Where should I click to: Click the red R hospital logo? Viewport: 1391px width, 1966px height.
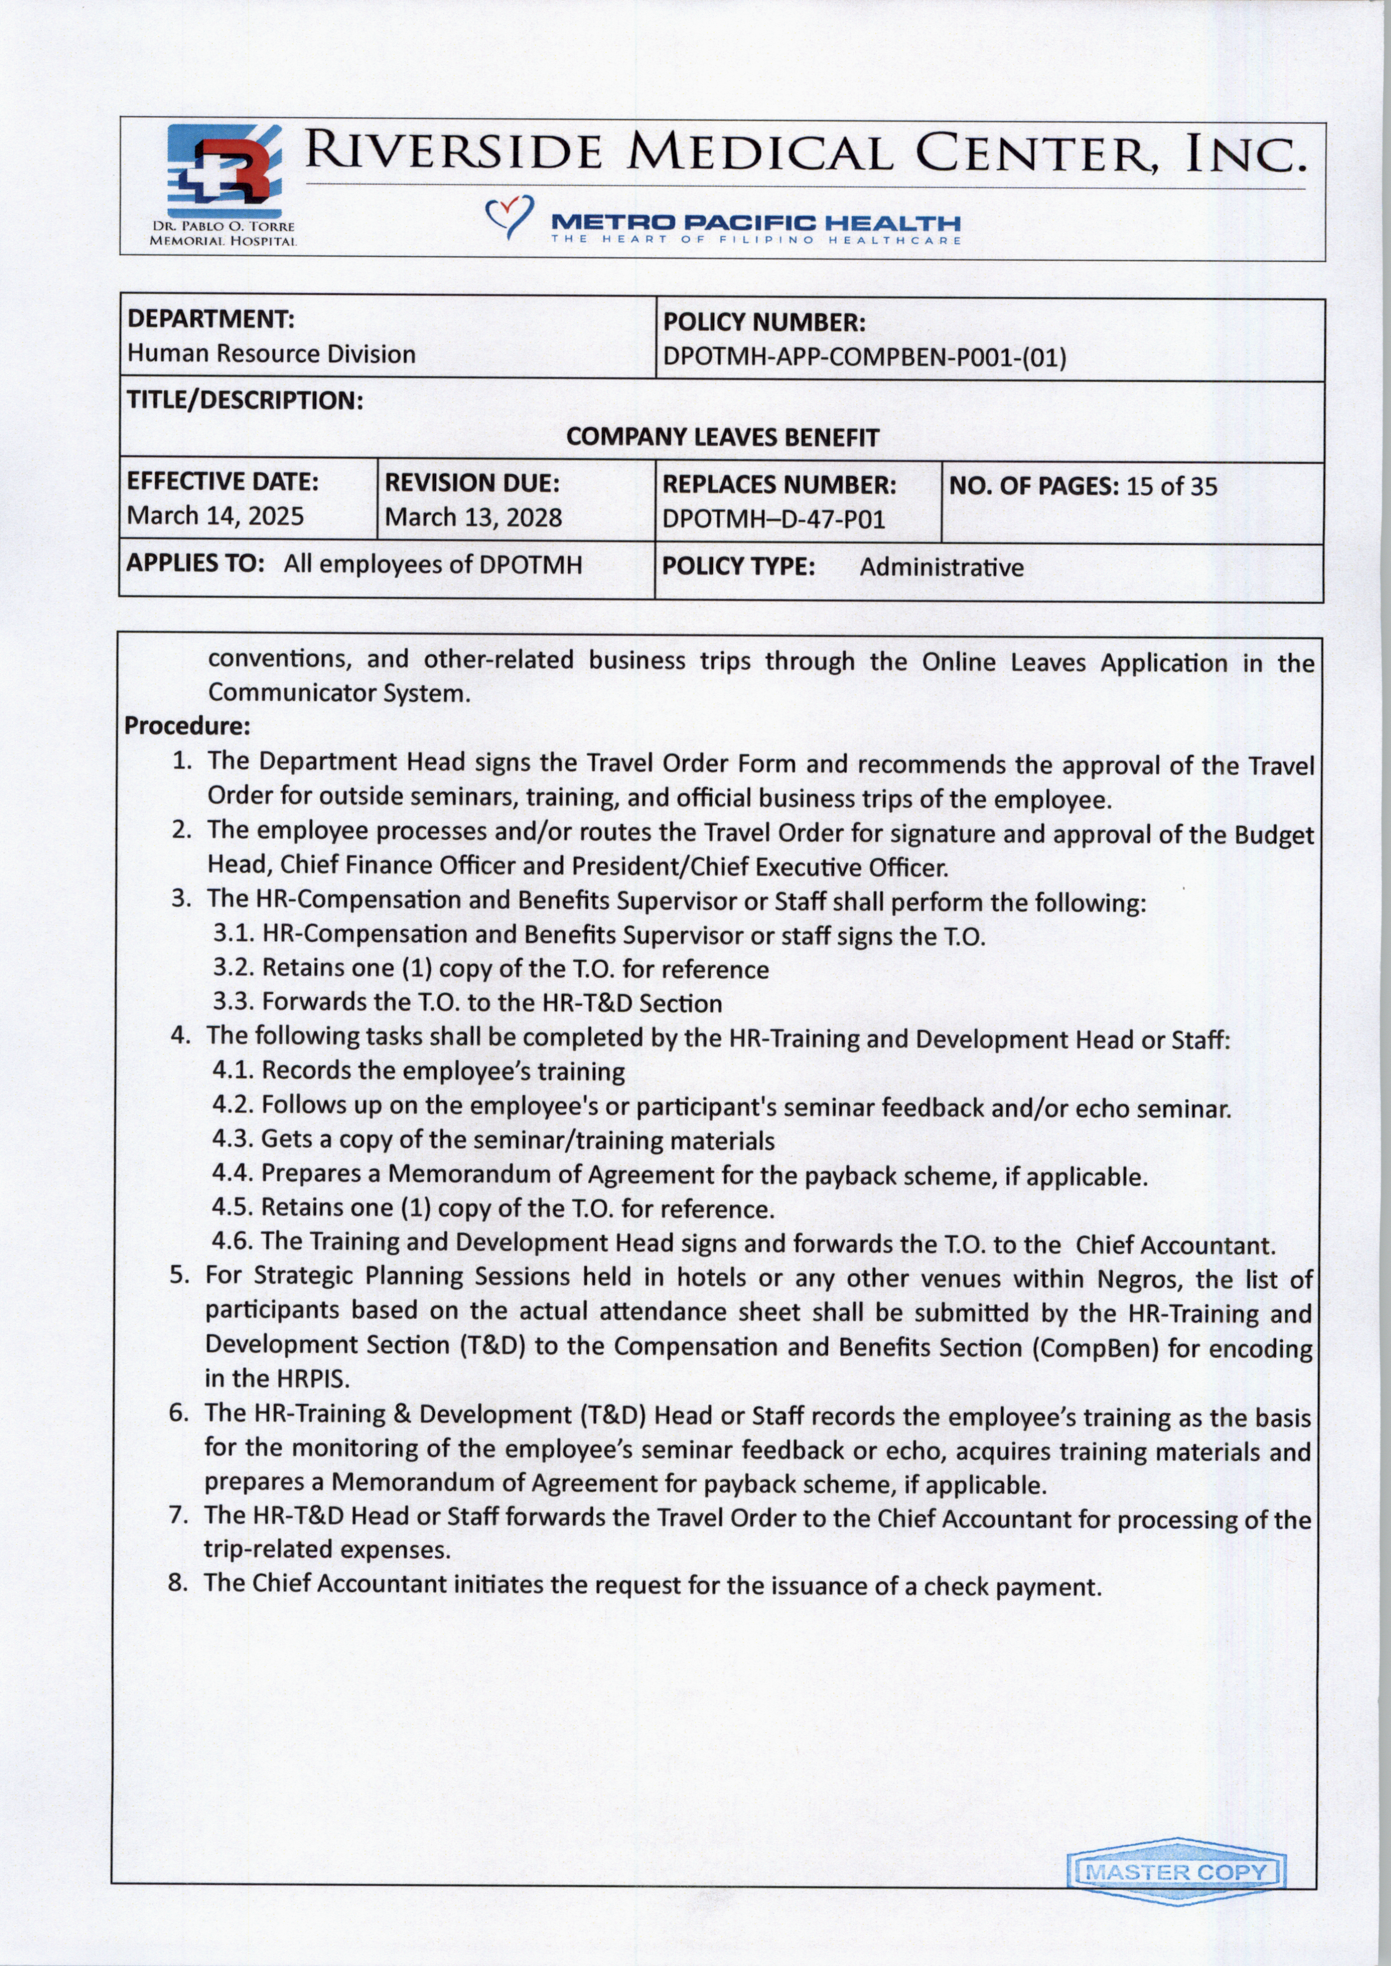[224, 174]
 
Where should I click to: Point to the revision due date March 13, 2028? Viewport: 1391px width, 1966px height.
[473, 517]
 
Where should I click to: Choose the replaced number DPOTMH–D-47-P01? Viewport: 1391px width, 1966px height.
[773, 519]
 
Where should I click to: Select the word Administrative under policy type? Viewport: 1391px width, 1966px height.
[941, 568]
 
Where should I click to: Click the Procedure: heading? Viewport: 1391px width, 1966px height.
[187, 726]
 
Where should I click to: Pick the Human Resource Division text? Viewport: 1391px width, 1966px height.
[271, 354]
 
